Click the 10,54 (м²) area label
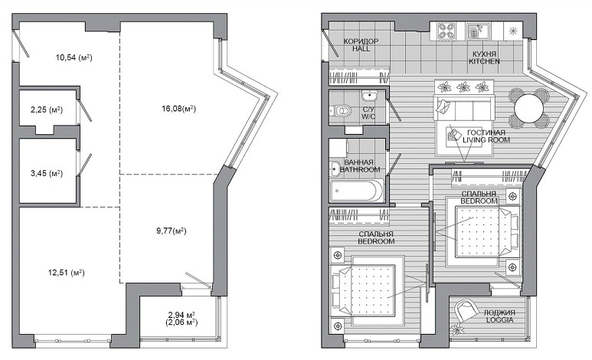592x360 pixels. (x=74, y=57)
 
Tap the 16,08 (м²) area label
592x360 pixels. (x=179, y=109)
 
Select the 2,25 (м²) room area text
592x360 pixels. (x=47, y=110)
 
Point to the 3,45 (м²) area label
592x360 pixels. (x=47, y=173)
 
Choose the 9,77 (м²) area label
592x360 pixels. (x=172, y=231)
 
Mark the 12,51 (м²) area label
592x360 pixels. (x=67, y=273)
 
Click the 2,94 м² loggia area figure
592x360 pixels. (x=182, y=315)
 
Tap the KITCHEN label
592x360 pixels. (x=484, y=61)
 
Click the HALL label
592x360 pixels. (x=361, y=49)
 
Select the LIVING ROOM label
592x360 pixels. (x=486, y=139)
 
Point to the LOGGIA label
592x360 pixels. (x=499, y=320)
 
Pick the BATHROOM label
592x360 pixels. (x=360, y=169)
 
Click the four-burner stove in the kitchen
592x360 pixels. (x=446, y=31)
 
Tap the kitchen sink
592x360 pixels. (x=478, y=31)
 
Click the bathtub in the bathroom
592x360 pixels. (x=357, y=191)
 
